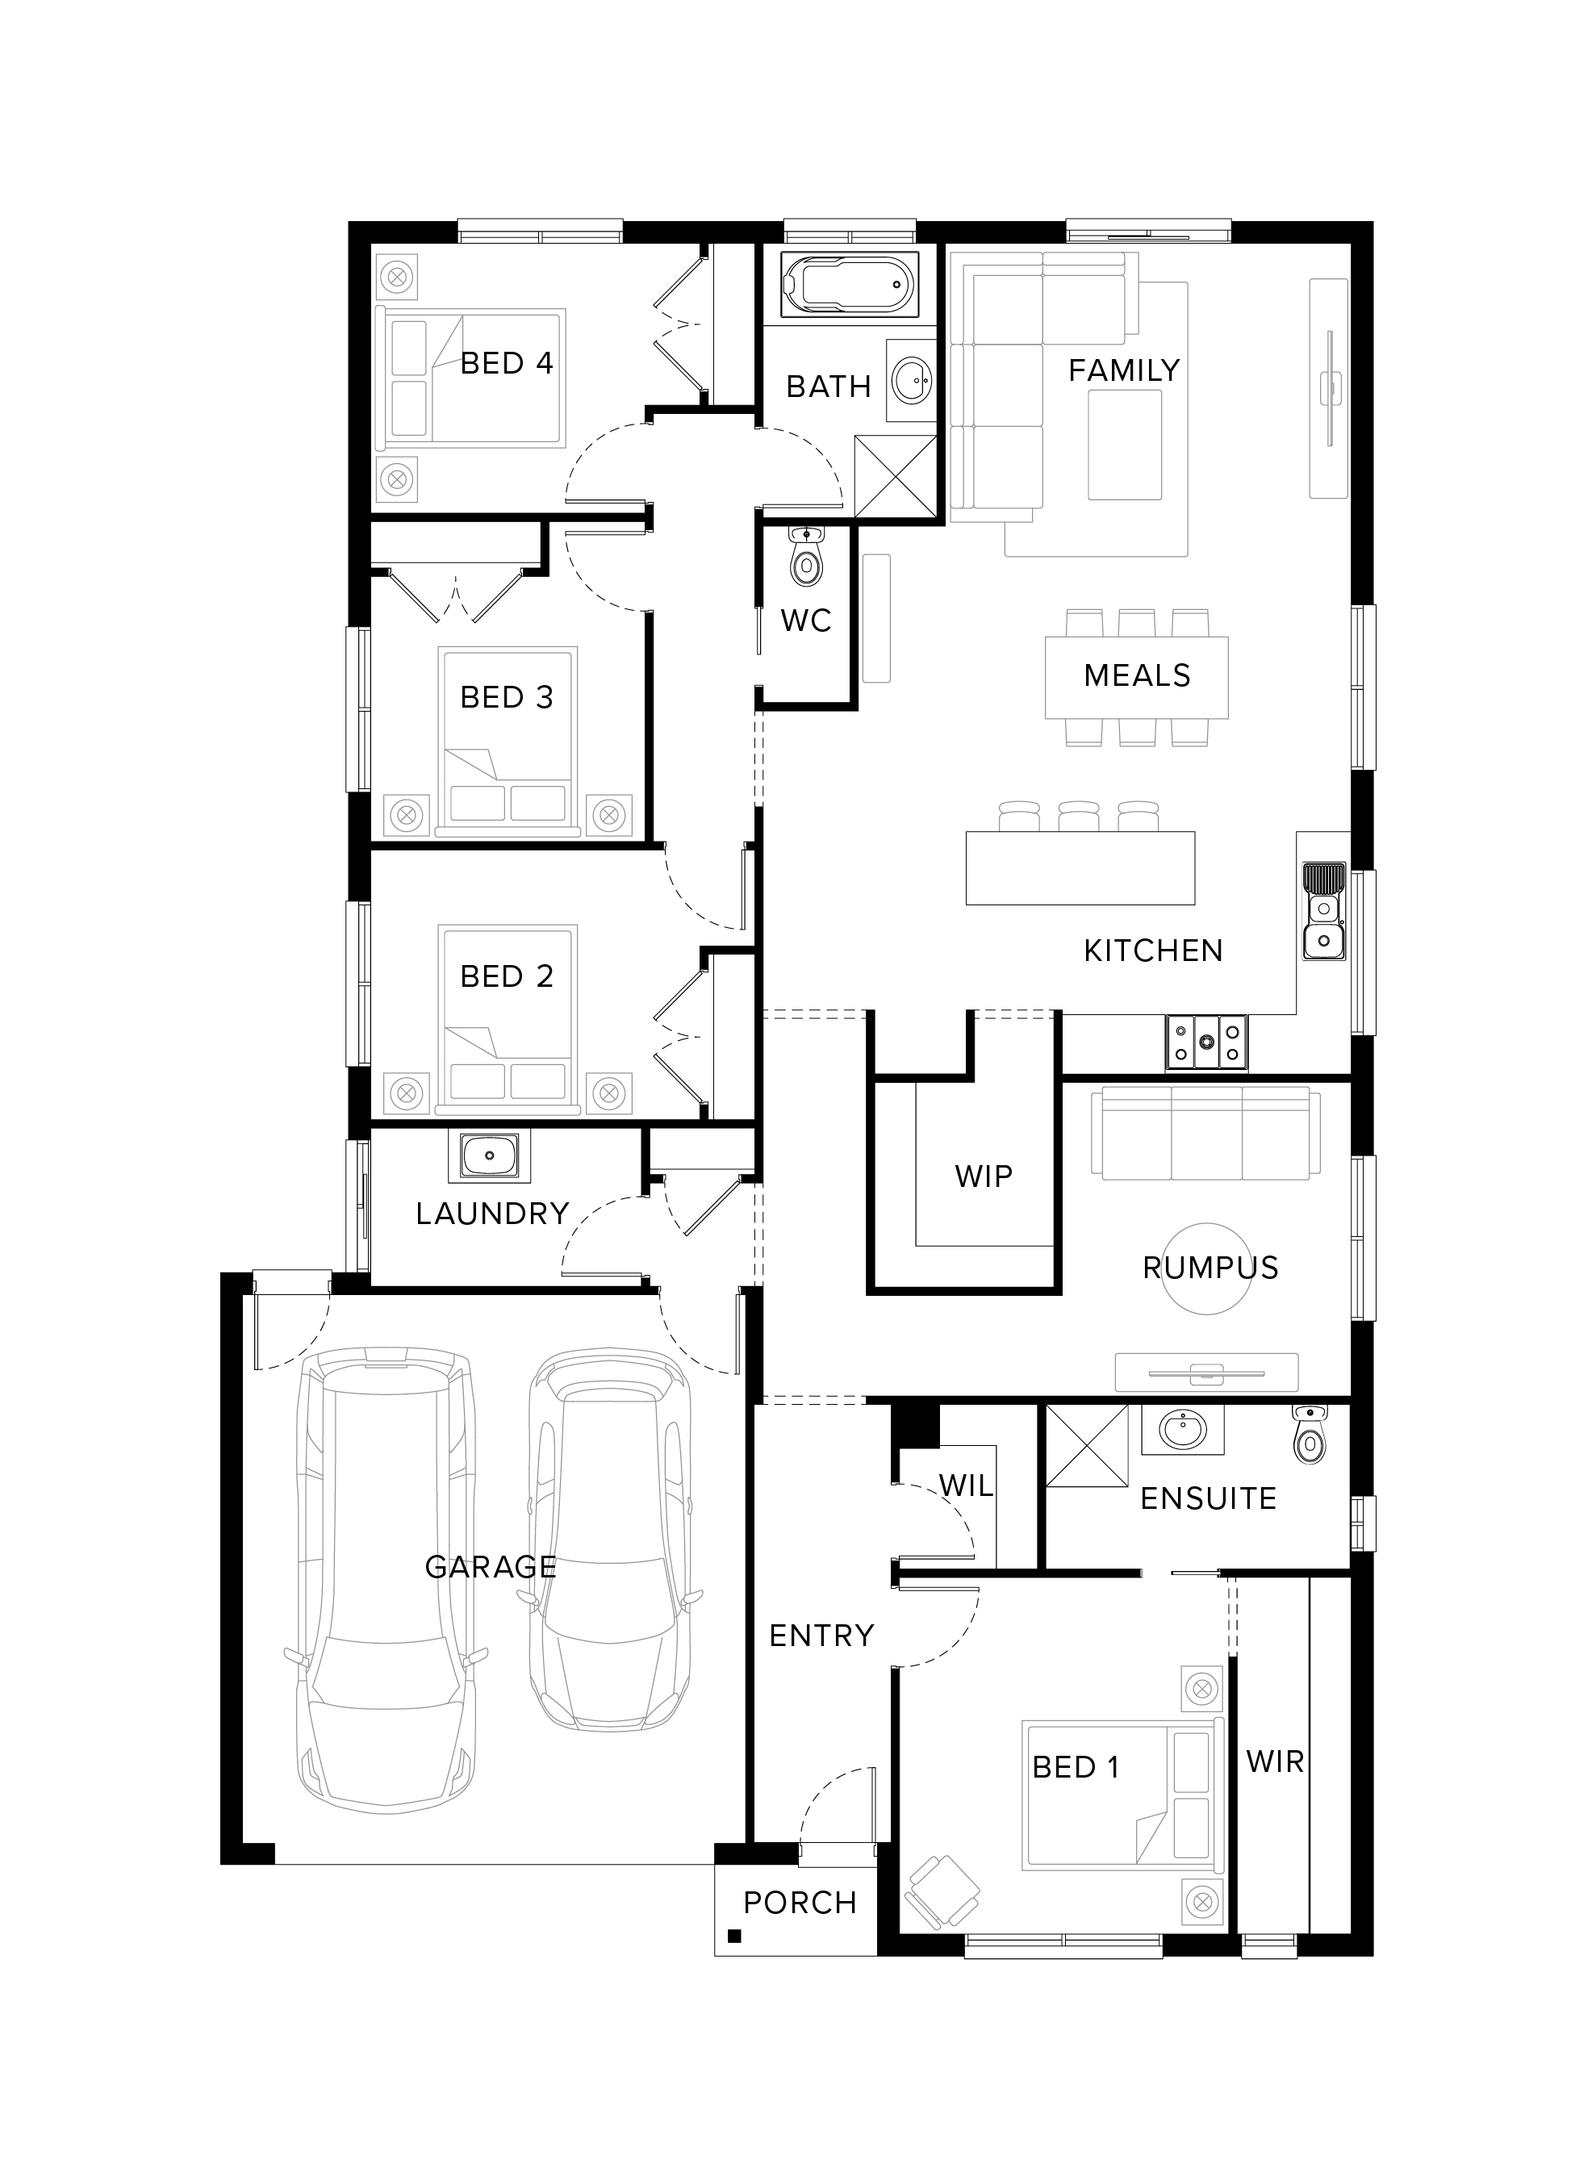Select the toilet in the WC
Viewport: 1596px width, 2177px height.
(x=804, y=558)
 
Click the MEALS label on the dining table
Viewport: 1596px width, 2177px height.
(x=1137, y=675)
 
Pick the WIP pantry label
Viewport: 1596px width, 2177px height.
(x=984, y=1176)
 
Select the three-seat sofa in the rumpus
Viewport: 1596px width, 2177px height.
(x=1206, y=1132)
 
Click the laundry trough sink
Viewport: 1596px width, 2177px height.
(x=489, y=1156)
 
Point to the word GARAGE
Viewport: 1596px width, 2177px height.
(x=491, y=1567)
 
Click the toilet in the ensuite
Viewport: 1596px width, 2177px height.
(x=1309, y=1435)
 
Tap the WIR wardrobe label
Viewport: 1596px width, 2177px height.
(x=1275, y=1761)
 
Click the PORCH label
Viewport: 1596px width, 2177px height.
(x=800, y=1903)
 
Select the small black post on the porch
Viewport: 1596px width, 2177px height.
(x=734, y=1936)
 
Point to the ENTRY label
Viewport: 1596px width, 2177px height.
(x=821, y=1635)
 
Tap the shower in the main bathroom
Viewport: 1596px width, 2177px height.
(x=896, y=477)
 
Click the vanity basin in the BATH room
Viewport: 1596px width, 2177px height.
(x=911, y=379)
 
